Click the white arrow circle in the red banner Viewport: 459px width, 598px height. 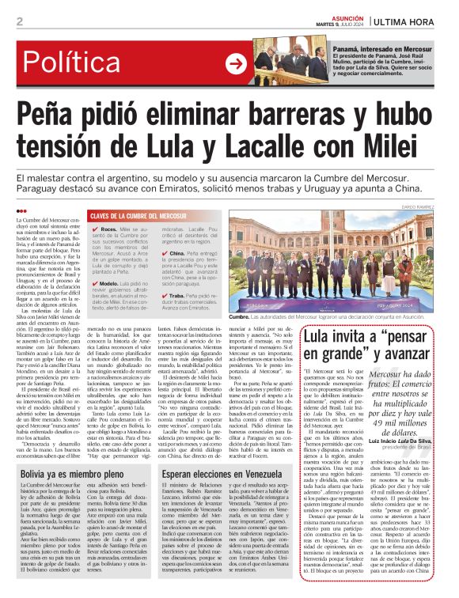tap(235, 64)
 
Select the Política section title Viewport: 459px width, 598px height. tap(60, 63)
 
